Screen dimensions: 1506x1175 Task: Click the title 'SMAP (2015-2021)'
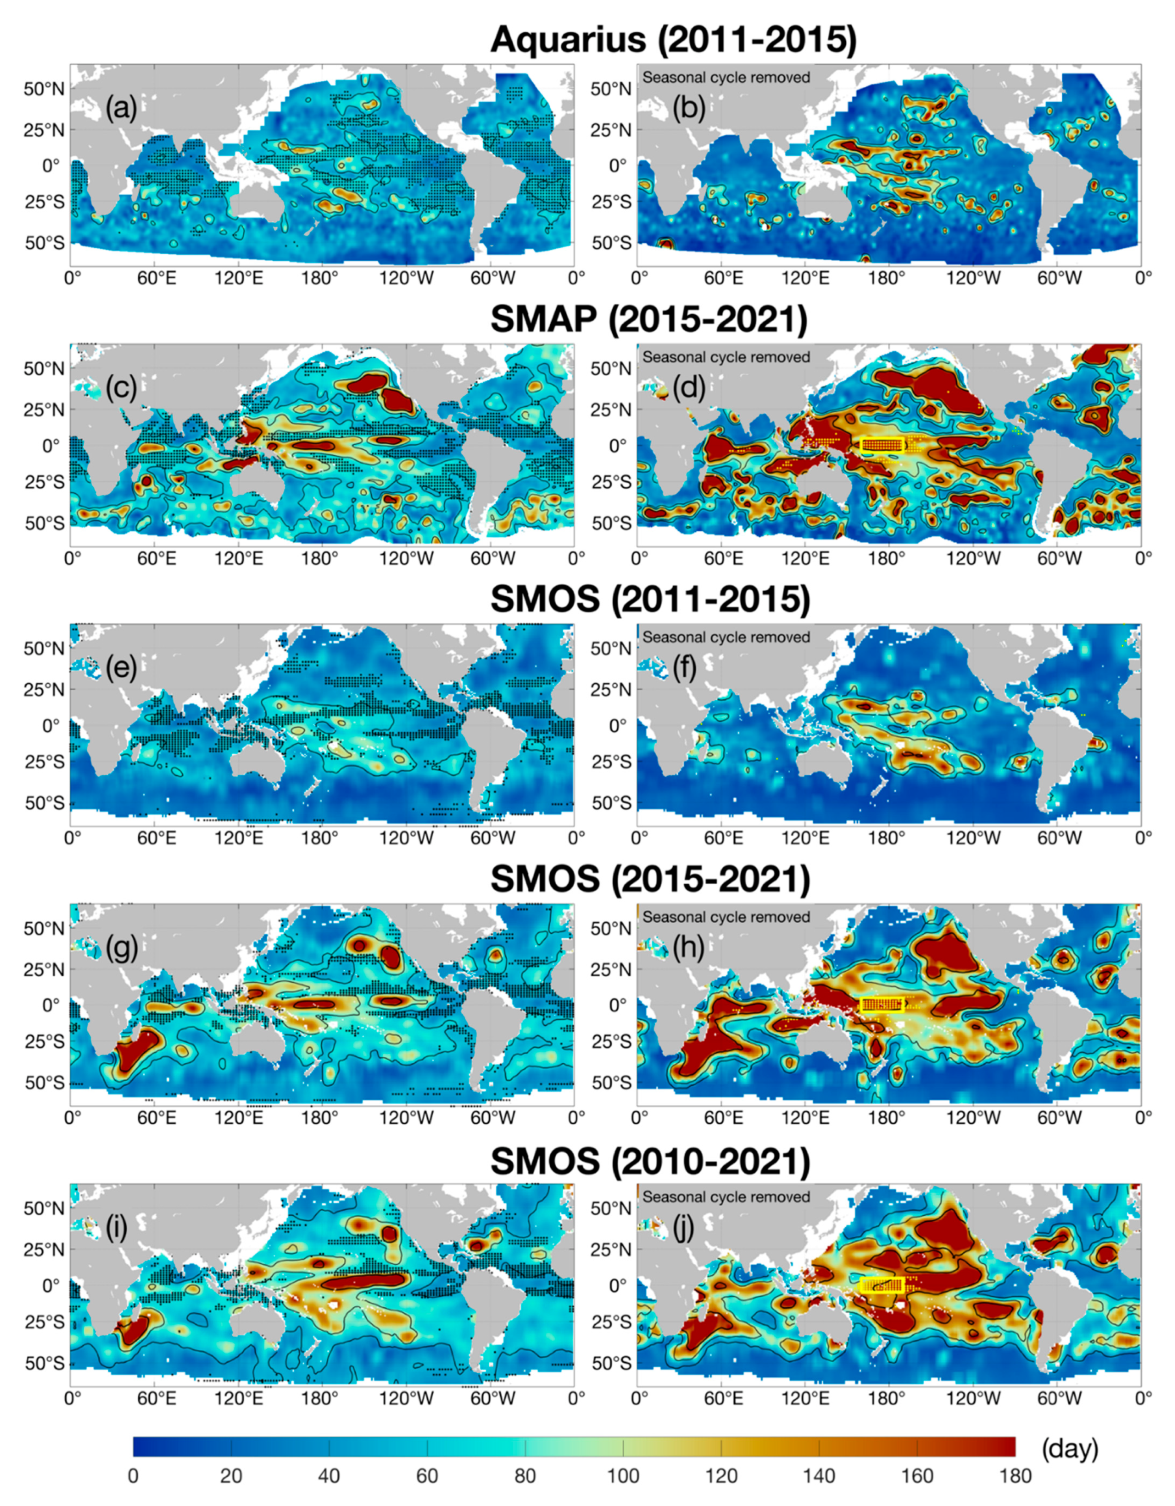[649, 321]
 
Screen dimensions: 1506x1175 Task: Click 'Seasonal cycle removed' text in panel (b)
[726, 77]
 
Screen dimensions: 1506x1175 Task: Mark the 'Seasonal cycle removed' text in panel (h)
[726, 917]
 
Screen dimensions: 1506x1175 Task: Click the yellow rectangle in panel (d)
[882, 444]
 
